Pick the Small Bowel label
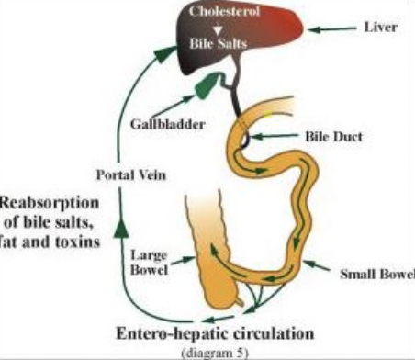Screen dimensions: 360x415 (376, 274)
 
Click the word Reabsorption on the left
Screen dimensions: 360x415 (42, 201)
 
